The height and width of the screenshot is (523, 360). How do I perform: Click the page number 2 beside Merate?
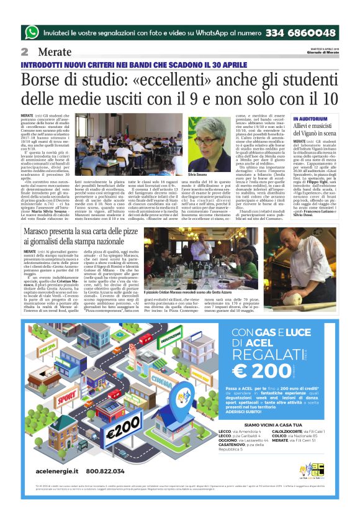coord(25,52)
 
